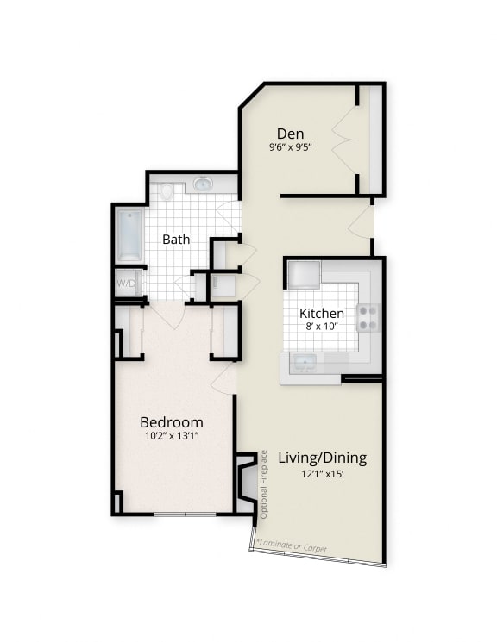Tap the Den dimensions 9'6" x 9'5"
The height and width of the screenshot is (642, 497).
coord(290,147)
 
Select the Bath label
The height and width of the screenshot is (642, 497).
coord(176,239)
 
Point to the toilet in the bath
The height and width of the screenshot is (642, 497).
coord(167,190)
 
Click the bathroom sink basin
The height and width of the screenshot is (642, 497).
coord(203,184)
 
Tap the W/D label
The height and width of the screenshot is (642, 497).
coord(128,283)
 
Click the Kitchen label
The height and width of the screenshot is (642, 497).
coord(322,314)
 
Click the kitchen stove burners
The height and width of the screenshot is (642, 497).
coord(368,318)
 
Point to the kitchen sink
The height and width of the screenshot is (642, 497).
coord(304,361)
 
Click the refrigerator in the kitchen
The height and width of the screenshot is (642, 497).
coord(304,274)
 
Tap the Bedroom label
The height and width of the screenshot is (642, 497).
coord(172,422)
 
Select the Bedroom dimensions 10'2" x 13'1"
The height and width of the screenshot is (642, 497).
coord(172,437)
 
